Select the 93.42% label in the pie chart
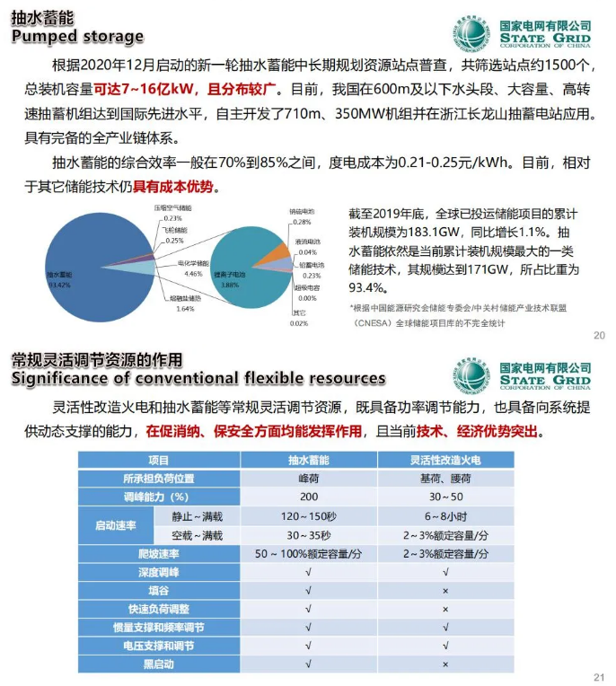pyautogui.click(x=58, y=284)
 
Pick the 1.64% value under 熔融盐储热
pyautogui.click(x=185, y=309)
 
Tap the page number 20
pyautogui.click(x=599, y=336)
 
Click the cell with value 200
pyautogui.click(x=308, y=497)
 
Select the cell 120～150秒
pyautogui.click(x=308, y=516)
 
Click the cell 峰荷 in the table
pyautogui.click(x=308, y=478)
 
